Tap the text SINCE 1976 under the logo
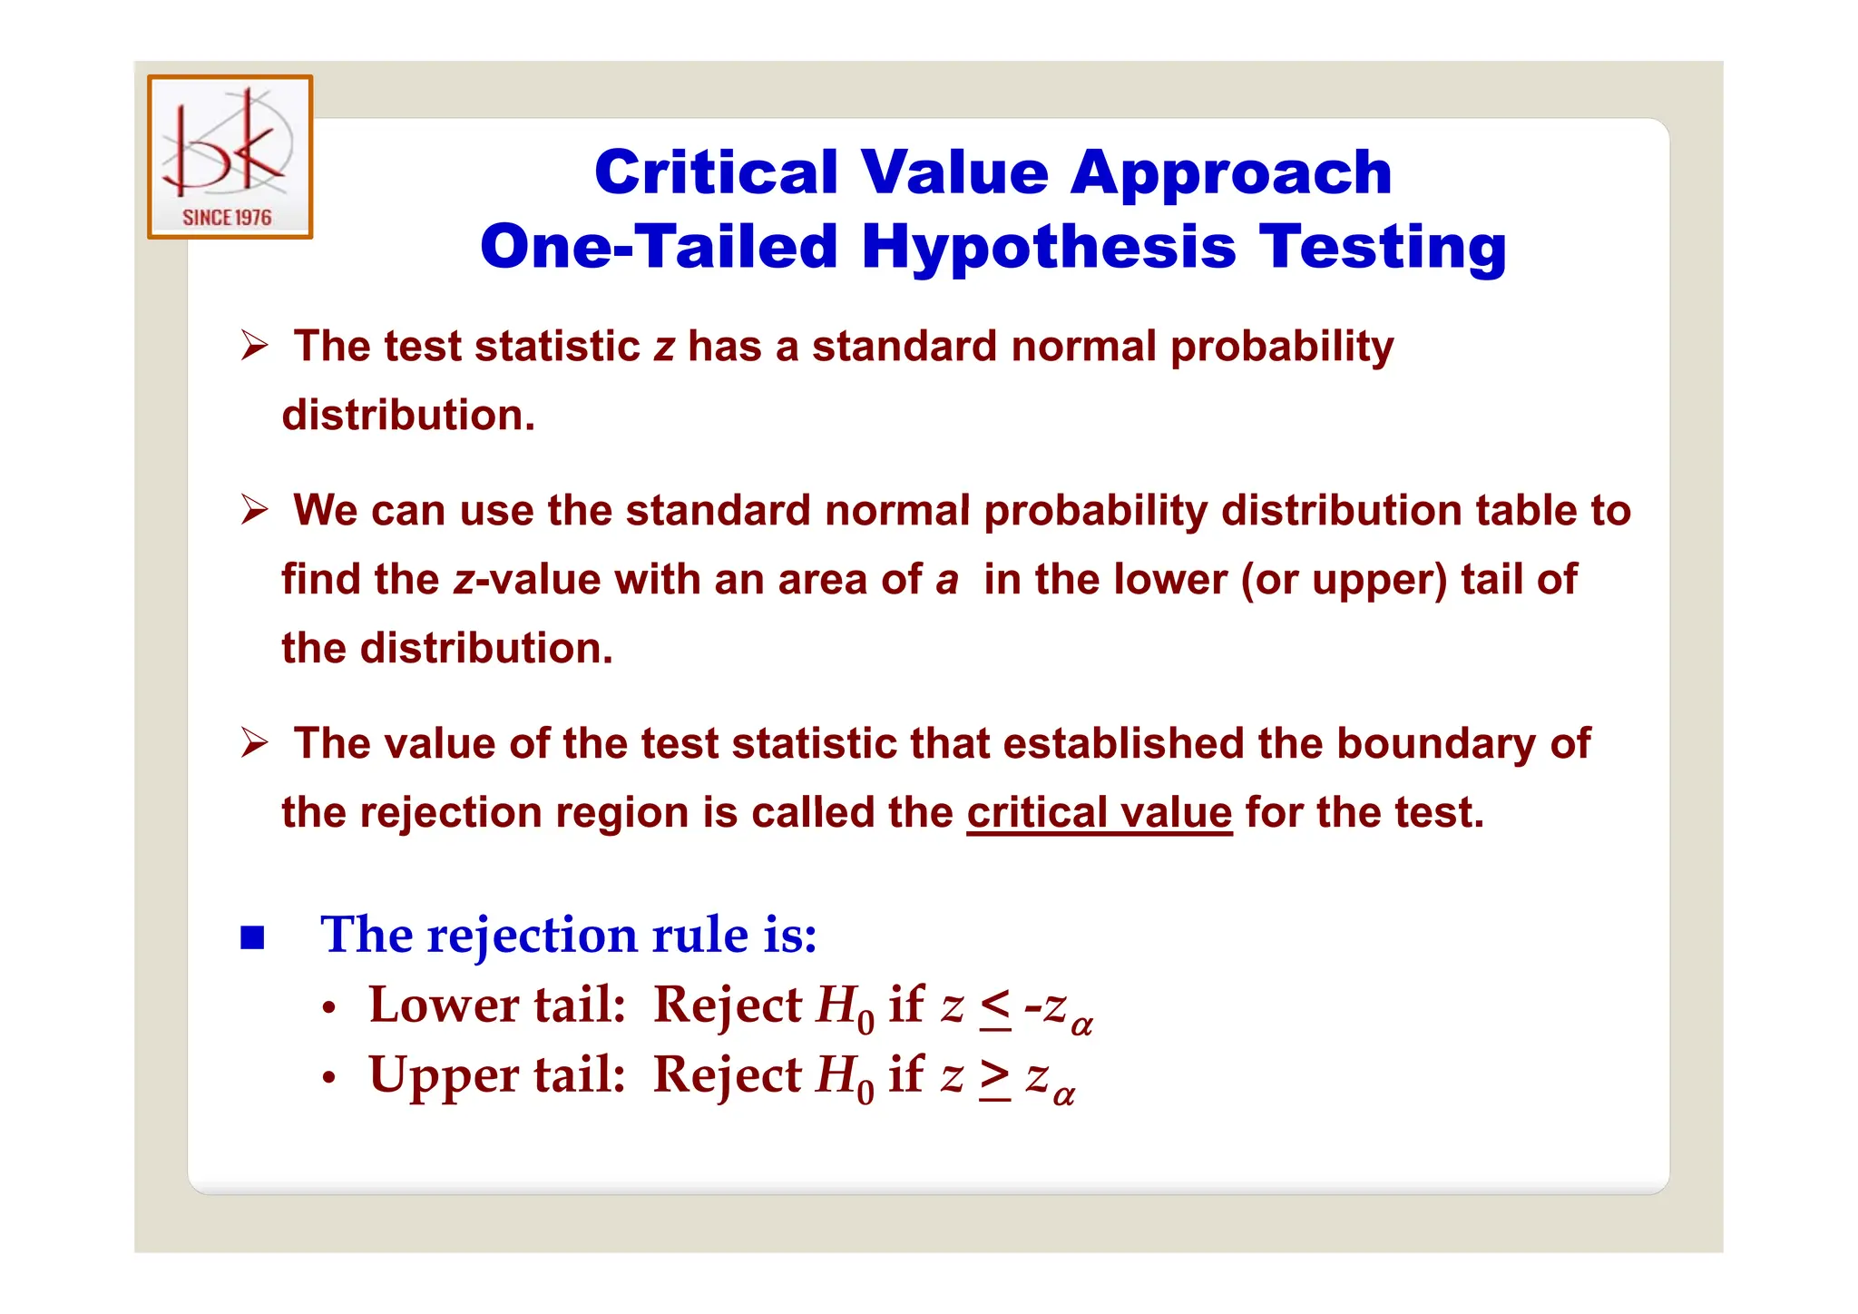227,218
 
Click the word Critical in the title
716,172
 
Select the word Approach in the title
1231,174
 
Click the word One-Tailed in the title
659,247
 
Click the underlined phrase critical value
1099,813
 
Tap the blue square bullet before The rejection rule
252,937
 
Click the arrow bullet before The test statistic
255,347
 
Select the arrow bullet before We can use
255,510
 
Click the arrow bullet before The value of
255,744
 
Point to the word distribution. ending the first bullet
408,416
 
